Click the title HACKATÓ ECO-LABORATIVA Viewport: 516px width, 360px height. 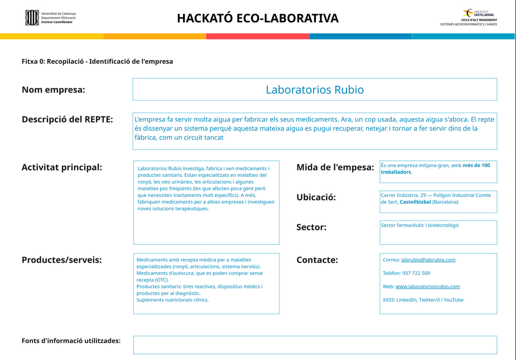coord(258,19)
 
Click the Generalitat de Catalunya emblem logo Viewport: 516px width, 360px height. coord(32,18)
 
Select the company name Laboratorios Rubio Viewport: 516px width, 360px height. coord(314,90)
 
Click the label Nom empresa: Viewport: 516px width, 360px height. coord(53,90)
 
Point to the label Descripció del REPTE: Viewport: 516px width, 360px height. coord(67,120)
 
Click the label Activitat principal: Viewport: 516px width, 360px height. coord(62,168)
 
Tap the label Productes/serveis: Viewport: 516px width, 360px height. coord(61,260)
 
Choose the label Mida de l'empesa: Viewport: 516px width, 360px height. coord(335,168)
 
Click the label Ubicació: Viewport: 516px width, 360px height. coord(316,198)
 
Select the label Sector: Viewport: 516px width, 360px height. coord(311,227)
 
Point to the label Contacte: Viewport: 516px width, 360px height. coord(317,260)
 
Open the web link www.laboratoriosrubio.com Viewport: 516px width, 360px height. coord(427,287)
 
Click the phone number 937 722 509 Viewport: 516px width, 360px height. coord(416,273)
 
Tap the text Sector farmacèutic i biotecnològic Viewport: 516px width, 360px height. coord(420,225)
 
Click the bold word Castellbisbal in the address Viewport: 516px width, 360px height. coord(415,202)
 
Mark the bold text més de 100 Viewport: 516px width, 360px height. coord(476,166)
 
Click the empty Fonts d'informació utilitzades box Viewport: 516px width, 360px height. coord(315,345)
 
